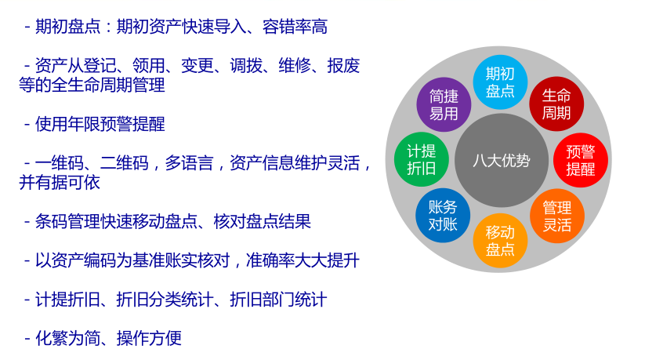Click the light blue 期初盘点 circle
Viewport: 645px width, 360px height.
pos(500,82)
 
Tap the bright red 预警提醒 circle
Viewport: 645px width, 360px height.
pos(581,160)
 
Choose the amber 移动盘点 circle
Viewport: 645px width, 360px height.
pos(500,240)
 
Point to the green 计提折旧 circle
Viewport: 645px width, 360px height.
pos(421,159)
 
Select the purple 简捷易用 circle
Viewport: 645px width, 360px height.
pos(444,104)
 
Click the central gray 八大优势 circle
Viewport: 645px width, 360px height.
pos(501,161)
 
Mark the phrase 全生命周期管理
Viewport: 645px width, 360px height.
pos(107,85)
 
